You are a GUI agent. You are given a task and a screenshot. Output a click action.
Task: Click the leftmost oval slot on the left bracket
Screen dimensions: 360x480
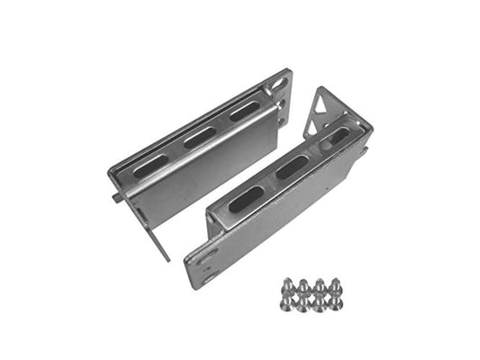[151, 166]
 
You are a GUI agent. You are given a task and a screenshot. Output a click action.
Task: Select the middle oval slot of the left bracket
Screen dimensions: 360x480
[200, 138]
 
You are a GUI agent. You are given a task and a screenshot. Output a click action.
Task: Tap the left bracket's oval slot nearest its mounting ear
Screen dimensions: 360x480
[244, 112]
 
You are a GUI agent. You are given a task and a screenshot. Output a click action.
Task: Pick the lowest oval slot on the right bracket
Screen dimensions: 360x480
[246, 199]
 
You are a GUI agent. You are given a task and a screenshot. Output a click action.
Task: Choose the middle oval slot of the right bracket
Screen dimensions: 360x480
[292, 167]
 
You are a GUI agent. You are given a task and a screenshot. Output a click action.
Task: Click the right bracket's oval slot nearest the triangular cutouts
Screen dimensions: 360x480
[336, 137]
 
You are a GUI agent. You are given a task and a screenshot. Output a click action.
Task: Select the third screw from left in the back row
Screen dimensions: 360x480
[319, 284]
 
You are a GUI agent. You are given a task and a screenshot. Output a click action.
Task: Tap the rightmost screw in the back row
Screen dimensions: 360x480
[336, 284]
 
